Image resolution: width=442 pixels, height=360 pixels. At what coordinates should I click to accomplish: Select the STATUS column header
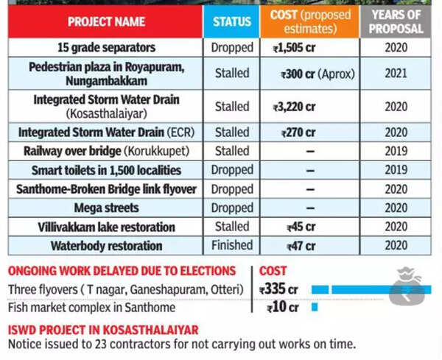[x=231, y=21]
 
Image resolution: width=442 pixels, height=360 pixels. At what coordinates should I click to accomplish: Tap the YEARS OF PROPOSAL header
[x=396, y=21]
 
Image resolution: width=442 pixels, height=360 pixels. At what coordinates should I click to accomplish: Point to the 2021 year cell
[x=396, y=74]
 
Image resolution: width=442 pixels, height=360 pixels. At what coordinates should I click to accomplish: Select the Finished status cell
[x=231, y=246]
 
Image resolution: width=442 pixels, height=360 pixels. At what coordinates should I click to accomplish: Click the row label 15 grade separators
[x=106, y=48]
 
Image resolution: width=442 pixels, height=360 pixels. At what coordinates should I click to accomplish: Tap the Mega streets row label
[x=106, y=208]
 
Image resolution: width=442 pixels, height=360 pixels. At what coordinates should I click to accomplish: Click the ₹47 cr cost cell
[x=301, y=246]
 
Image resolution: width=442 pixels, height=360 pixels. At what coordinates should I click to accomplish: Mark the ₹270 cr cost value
[x=298, y=133]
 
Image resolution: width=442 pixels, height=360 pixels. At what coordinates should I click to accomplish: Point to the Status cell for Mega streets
[x=231, y=208]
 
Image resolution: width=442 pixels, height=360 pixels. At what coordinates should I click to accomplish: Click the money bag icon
[x=407, y=288]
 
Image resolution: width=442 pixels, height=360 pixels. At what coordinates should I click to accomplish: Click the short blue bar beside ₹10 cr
[x=315, y=307]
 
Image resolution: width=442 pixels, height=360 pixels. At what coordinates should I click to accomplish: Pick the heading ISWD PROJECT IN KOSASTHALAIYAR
[x=103, y=330]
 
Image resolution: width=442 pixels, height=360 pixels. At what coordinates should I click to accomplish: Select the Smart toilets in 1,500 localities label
[x=106, y=170]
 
